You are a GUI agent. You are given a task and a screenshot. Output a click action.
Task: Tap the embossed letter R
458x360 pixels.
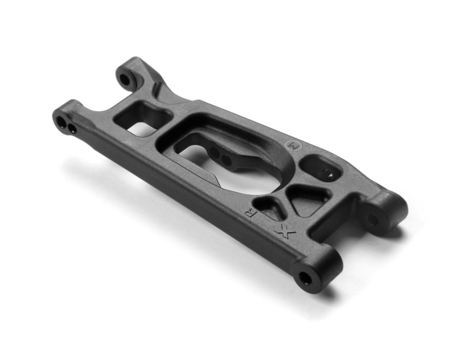252,215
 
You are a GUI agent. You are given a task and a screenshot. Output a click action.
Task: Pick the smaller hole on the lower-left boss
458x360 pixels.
72,128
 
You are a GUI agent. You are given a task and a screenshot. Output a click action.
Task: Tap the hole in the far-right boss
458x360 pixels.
373,220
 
